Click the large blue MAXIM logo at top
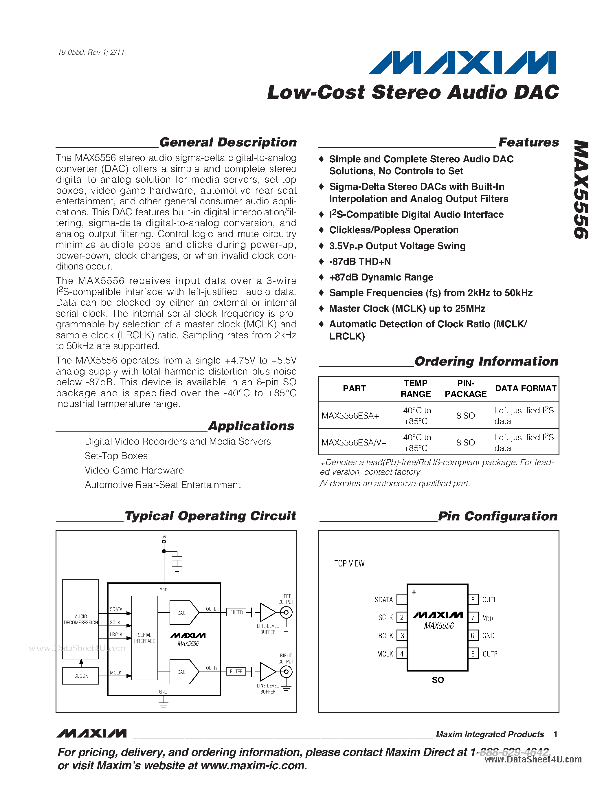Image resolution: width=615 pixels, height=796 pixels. (463, 63)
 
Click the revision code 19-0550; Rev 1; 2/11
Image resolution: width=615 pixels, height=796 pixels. (91, 52)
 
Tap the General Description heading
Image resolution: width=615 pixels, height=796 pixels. (228, 142)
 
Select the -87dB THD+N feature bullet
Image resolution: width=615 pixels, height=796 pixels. (360, 262)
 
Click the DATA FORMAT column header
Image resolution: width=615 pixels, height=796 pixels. (525, 388)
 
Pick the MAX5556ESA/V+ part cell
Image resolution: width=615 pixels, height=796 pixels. (354, 443)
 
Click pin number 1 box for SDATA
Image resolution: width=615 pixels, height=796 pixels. (401, 599)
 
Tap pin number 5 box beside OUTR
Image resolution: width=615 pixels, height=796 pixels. (473, 654)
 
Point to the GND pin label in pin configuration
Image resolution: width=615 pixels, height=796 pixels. (488, 636)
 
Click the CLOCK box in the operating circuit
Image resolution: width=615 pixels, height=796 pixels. (80, 676)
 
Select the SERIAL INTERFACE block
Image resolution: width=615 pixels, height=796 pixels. (144, 638)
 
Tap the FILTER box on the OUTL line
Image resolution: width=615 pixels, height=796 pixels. (236, 612)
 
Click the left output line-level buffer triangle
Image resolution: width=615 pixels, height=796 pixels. (267, 612)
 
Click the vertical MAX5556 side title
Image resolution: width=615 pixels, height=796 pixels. (581, 190)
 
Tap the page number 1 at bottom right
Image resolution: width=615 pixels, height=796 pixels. (555, 734)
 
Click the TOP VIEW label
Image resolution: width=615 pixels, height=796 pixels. (349, 564)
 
